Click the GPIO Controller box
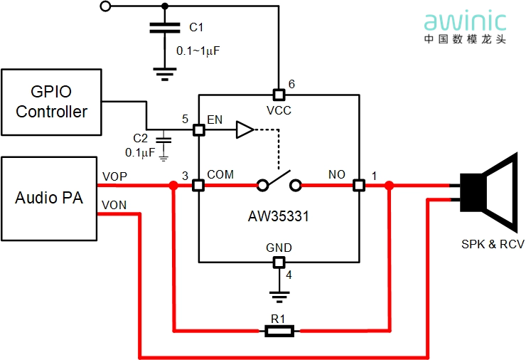(51, 102)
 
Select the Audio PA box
(49, 198)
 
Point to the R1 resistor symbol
(278, 331)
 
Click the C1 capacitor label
(196, 28)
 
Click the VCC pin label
(279, 110)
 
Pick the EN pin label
(215, 120)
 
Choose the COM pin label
(220, 174)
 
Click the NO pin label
(336, 174)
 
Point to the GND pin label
(279, 248)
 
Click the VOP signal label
(115, 176)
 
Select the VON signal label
(114, 205)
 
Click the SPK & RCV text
(493, 245)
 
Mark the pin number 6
(291, 84)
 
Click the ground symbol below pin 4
(279, 293)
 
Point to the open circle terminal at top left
(106, 6)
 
